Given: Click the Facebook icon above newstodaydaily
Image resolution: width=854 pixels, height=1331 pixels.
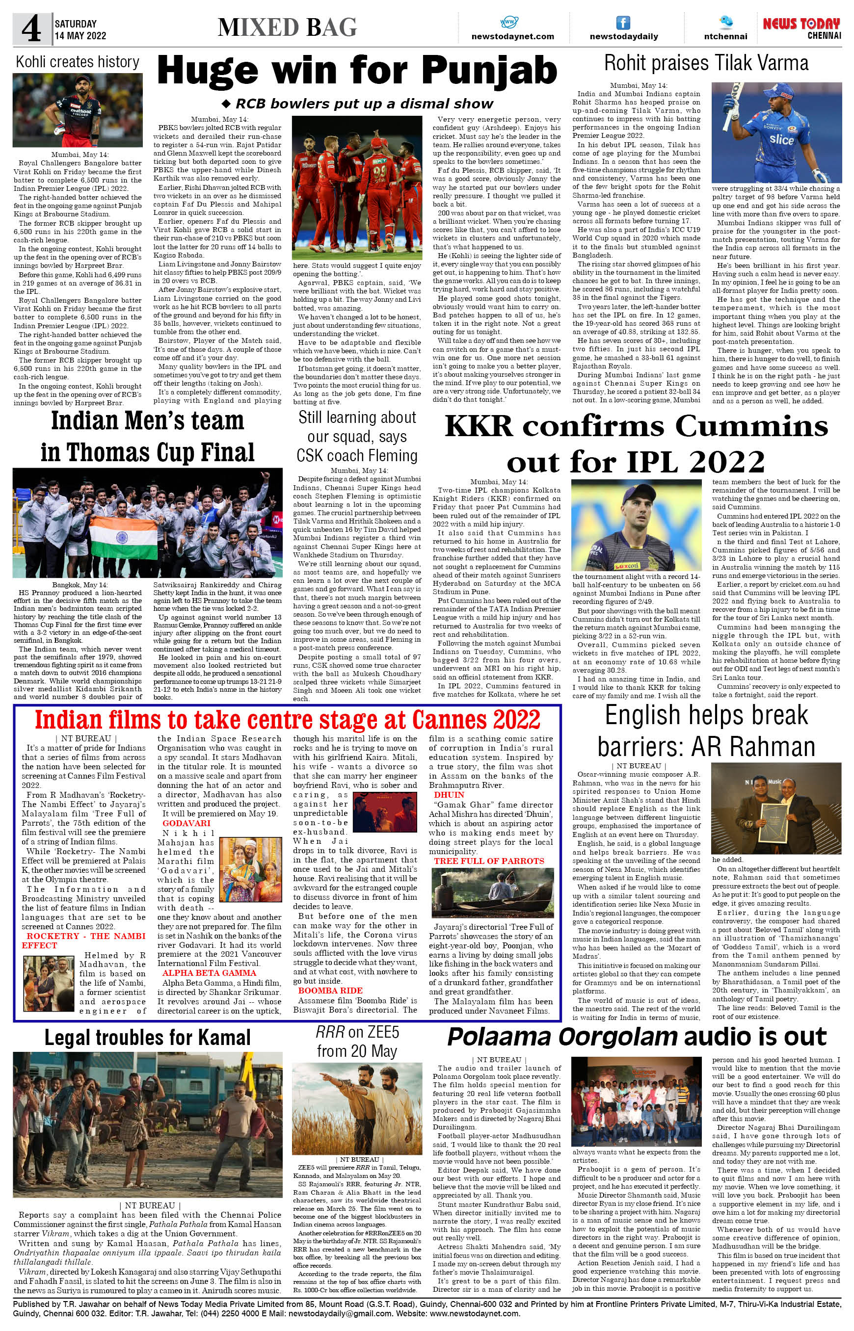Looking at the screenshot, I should pos(623,23).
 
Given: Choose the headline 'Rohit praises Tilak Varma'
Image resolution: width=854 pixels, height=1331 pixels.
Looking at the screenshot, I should pos(706,63).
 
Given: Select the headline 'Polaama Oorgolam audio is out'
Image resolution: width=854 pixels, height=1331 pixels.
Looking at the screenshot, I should pos(637,1037).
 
